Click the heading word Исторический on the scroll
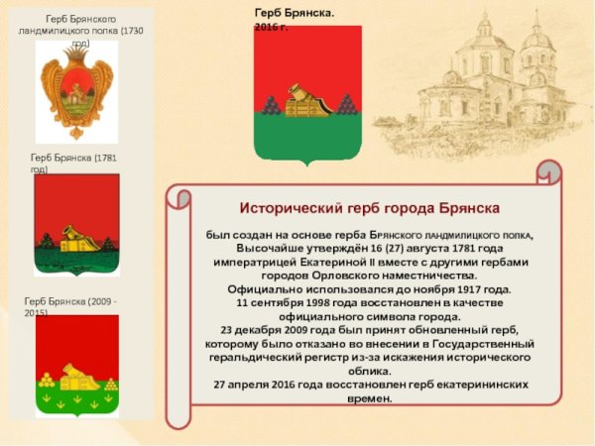click(288, 208)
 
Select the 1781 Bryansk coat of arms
click(76, 225)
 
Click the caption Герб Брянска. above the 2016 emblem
click(295, 11)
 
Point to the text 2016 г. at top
click(272, 25)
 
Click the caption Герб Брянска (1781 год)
click(74, 162)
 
